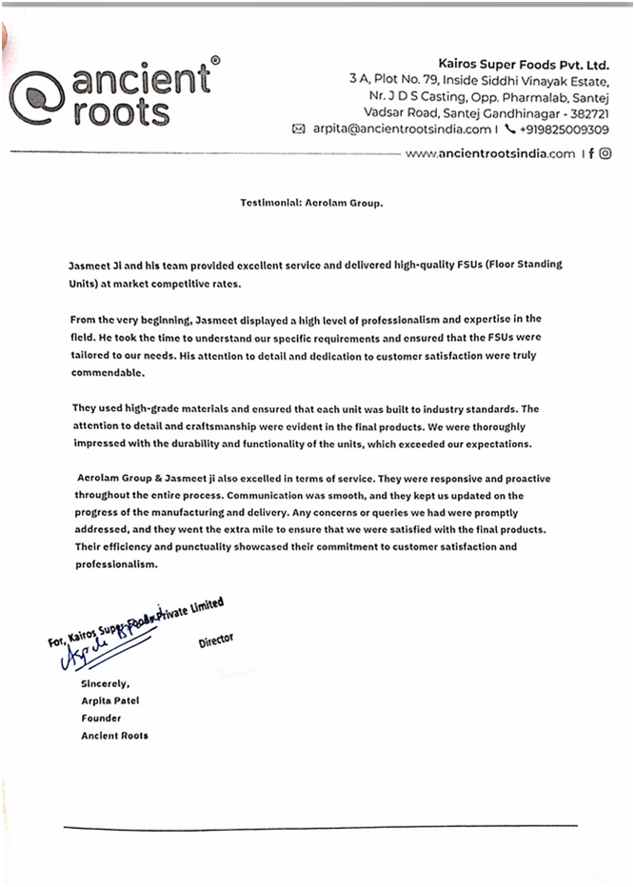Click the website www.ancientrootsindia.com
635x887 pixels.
point(490,153)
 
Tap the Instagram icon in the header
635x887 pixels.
point(605,153)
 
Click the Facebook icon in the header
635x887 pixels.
point(591,153)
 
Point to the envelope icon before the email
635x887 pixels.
point(298,129)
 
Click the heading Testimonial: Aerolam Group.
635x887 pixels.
point(313,203)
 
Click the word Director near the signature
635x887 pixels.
point(216,641)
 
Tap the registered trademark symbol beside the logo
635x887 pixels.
point(215,61)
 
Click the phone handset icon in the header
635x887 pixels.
point(509,129)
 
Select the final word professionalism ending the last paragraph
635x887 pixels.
point(113,564)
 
